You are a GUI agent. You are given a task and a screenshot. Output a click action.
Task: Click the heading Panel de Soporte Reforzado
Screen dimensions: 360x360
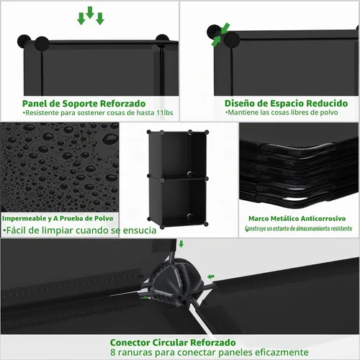pos(84,104)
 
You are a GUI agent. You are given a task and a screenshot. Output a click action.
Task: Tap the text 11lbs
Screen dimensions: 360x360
pos(165,113)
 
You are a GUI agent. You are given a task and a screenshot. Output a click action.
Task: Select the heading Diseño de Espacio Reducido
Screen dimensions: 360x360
pos(286,104)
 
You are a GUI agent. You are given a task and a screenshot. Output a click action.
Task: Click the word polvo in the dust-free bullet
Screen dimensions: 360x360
pos(329,112)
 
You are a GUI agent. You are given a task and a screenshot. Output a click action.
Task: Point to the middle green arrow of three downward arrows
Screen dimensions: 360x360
pos(90,12)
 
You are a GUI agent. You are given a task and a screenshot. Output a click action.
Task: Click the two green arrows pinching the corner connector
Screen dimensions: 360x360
pos(220,35)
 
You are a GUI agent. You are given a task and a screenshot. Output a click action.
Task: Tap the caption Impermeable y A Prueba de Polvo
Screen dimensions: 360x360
pos(58,218)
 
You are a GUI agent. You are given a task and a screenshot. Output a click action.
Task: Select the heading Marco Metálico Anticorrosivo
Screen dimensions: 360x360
pos(297,219)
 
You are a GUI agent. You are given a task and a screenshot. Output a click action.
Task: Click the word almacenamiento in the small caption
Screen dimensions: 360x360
pos(312,229)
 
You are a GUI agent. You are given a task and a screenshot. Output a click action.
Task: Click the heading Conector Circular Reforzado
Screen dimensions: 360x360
pos(173,343)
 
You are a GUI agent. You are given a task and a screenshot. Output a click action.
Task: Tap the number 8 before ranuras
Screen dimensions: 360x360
pos(113,353)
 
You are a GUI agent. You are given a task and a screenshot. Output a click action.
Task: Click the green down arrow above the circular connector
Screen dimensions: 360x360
pos(181,244)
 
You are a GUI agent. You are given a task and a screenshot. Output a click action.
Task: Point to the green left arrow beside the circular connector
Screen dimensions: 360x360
pos(211,276)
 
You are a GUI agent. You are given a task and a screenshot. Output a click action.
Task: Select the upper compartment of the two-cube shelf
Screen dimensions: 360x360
pos(178,155)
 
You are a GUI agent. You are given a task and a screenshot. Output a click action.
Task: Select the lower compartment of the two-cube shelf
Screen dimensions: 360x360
pos(178,202)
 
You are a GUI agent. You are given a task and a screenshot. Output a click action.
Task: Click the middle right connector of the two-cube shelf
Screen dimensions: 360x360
pos(207,179)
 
